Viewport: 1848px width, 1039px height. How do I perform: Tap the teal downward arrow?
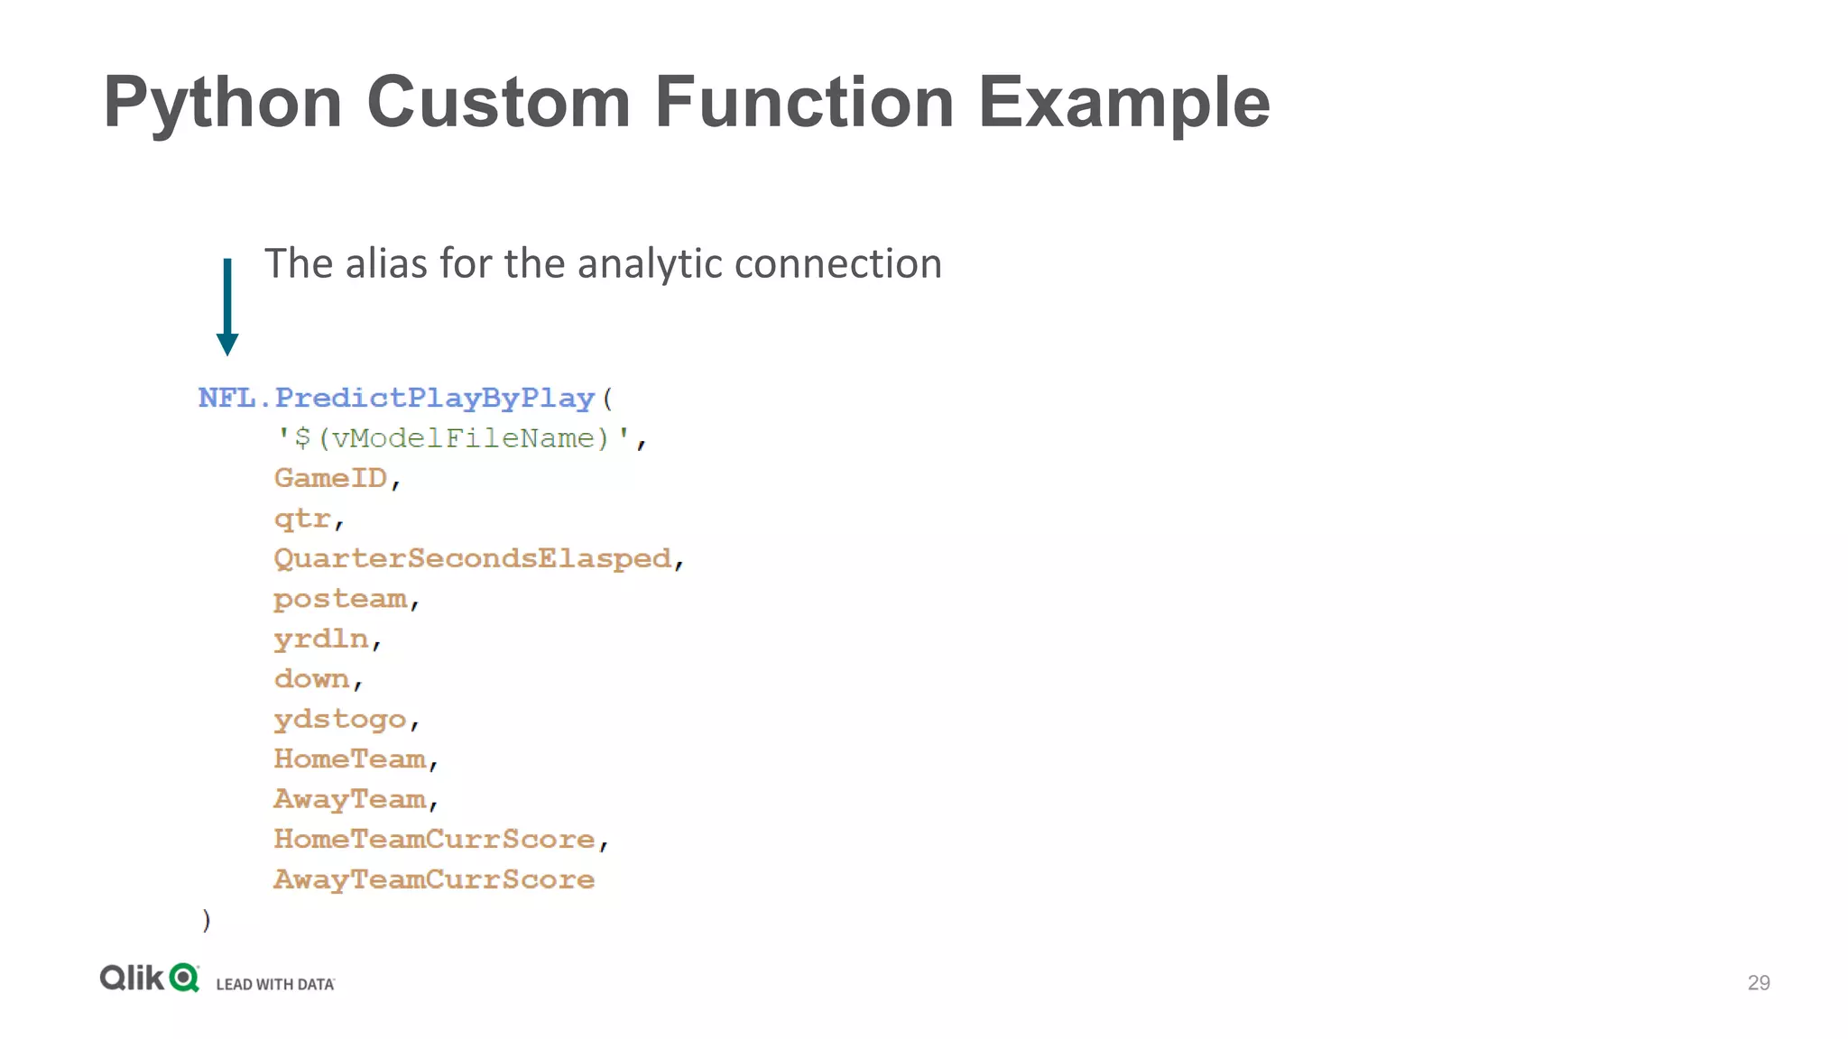[227, 307]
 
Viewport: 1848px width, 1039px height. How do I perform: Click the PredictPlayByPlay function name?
[434, 398]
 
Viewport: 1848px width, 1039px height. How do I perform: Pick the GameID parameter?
[330, 478]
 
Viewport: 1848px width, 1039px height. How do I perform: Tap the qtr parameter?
[302, 519]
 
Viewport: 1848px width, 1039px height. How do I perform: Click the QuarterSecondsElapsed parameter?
[472, 558]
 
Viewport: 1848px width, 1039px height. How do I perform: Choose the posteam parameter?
[340, 599]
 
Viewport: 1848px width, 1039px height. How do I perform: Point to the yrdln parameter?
[321, 639]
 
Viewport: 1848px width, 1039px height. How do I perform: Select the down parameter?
[311, 678]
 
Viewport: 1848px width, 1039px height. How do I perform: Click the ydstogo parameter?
[340, 719]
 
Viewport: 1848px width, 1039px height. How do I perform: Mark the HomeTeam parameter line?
[350, 759]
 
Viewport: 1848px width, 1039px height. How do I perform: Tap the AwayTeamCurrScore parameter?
[434, 879]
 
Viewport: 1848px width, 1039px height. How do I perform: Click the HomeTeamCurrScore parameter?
[434, 839]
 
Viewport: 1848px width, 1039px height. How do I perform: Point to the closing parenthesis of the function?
[207, 919]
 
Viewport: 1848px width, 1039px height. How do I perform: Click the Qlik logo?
[149, 979]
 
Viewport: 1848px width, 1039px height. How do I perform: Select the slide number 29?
[1759, 982]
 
